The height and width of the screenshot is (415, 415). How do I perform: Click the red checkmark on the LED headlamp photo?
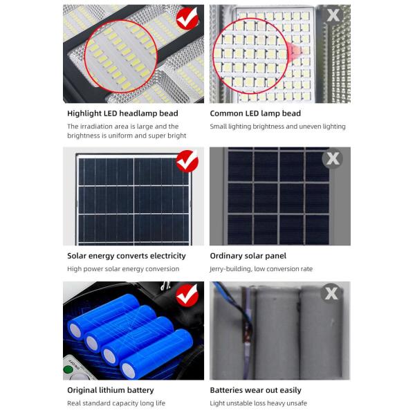pos(187,19)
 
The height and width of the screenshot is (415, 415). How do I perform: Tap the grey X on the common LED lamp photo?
pos(333,15)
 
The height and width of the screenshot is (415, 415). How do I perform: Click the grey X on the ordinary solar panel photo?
pos(333,159)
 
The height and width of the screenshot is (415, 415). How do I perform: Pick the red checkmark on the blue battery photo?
pos(187,295)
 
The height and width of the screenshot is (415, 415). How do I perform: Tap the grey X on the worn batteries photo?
pos(333,293)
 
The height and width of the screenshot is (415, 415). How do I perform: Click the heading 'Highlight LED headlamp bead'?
pos(122,113)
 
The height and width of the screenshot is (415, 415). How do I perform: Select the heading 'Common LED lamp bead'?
pos(255,113)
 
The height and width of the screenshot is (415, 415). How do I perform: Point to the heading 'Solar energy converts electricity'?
pos(127,256)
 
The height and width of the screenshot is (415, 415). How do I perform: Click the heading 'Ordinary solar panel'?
pos(248,256)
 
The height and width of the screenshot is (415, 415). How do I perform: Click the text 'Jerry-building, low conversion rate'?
pos(261,269)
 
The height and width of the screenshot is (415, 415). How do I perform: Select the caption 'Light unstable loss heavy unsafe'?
pos(258,403)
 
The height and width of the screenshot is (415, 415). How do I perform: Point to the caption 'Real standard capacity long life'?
pos(116,403)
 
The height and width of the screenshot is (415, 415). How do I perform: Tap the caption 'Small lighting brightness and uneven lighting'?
pos(277,127)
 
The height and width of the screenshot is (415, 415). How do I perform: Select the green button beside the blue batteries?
pos(68,369)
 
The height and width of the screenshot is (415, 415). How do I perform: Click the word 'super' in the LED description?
pos(160,136)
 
